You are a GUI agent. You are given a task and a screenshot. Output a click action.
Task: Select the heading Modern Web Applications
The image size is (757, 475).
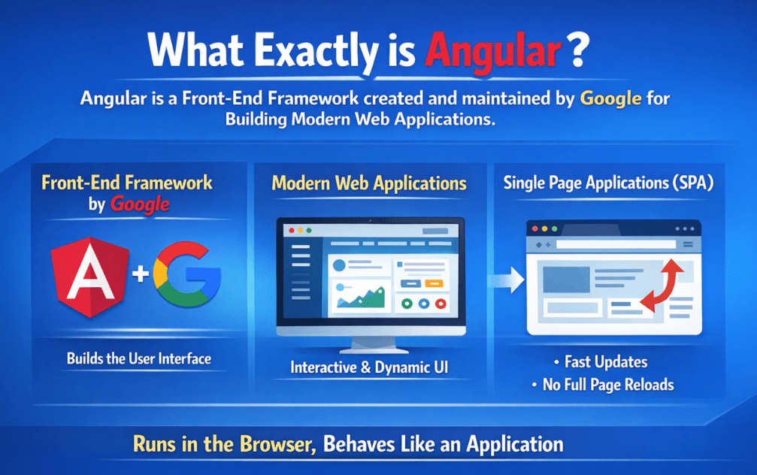368,183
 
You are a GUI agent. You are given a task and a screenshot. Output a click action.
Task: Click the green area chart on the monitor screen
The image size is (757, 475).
361,298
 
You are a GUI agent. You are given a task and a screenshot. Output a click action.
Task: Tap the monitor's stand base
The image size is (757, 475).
370,348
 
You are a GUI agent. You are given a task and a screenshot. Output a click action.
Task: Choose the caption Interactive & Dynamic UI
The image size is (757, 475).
370,369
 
